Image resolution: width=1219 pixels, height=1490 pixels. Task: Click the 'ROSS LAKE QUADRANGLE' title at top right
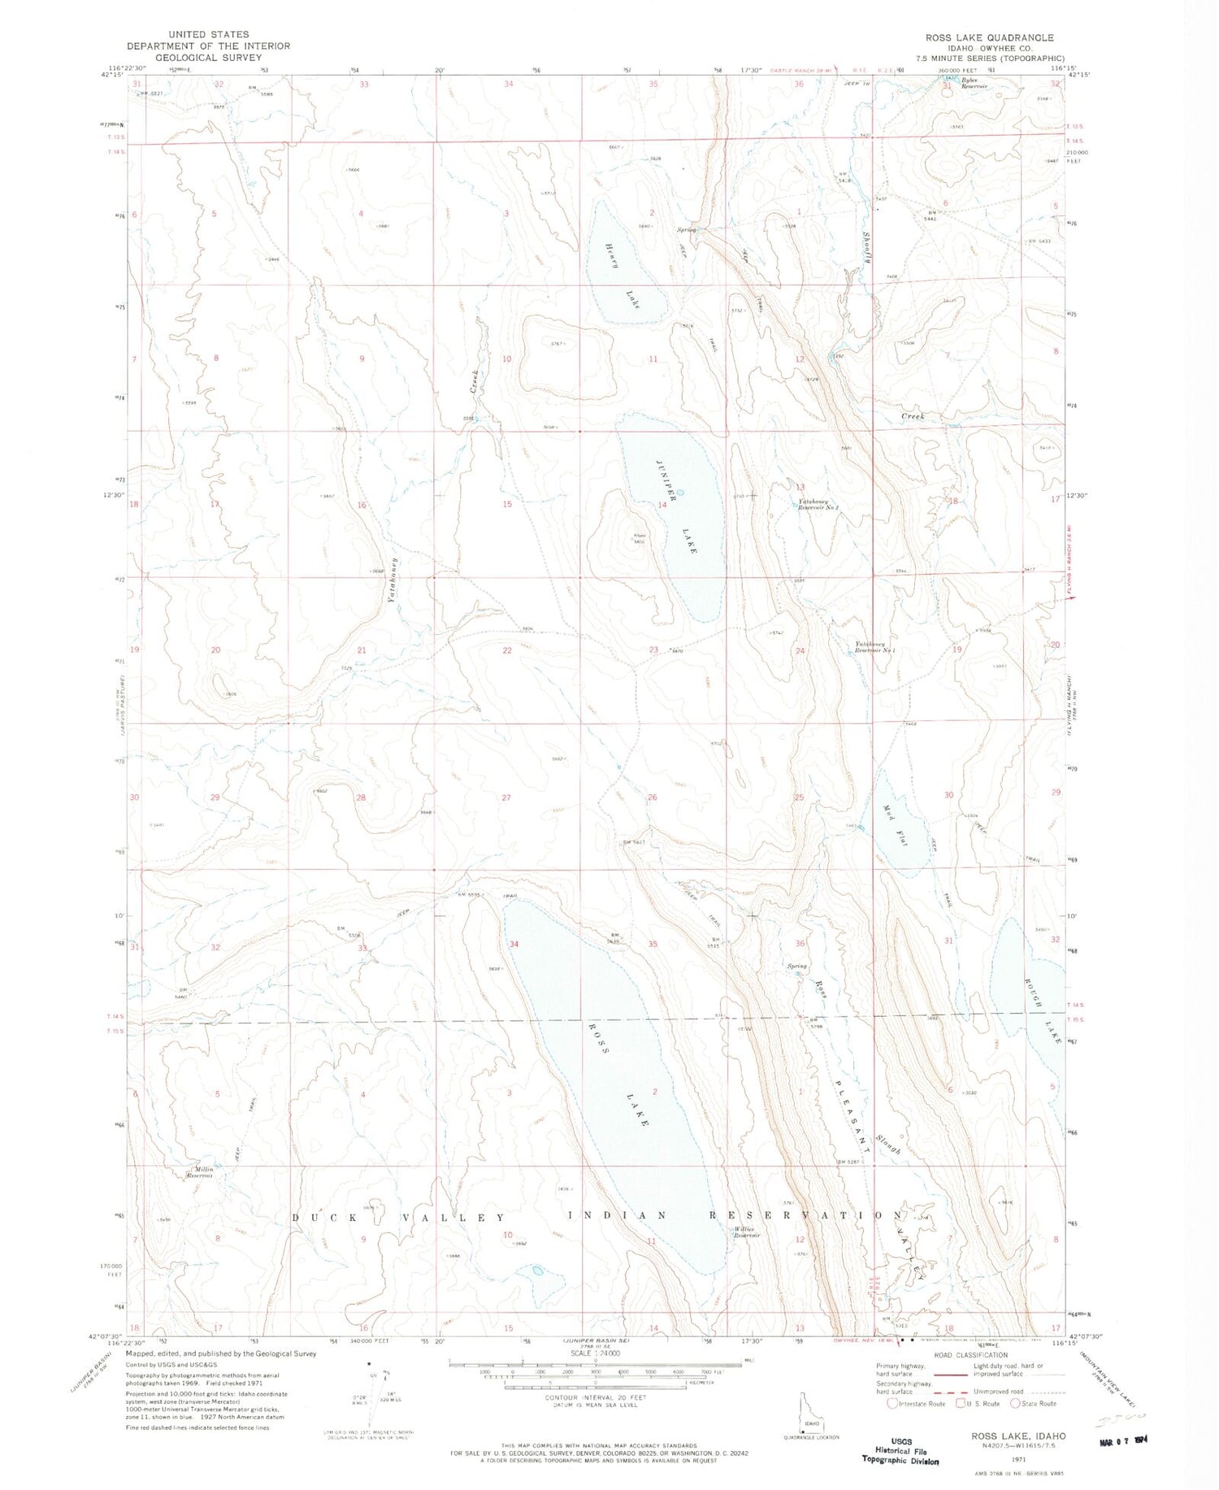click(x=989, y=37)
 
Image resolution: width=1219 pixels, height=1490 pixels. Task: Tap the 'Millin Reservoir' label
click(x=200, y=1172)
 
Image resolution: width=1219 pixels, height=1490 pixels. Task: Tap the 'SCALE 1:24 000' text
click(x=595, y=1353)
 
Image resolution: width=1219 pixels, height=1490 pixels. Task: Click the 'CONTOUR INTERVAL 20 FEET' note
click(x=596, y=1397)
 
